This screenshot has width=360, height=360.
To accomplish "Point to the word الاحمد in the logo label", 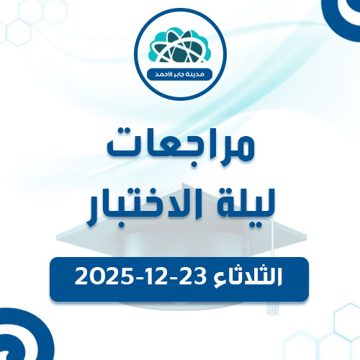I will click(160, 75).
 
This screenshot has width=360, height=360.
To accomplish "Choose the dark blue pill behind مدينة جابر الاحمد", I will click(180, 75).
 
